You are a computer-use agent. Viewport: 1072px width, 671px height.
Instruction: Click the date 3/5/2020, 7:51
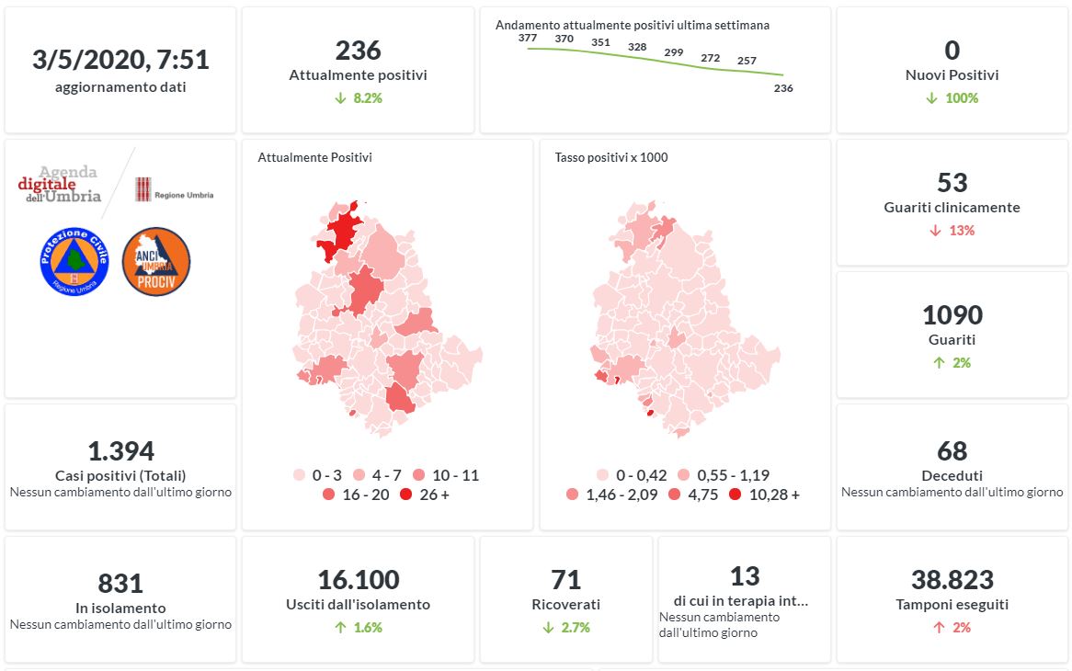click(x=120, y=61)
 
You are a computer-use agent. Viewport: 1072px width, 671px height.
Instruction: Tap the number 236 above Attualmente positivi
click(x=359, y=51)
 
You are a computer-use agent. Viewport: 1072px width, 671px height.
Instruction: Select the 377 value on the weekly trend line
click(x=528, y=38)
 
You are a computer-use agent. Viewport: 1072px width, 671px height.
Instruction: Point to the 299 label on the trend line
click(x=673, y=52)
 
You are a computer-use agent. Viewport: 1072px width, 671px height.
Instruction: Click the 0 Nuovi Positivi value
click(x=952, y=51)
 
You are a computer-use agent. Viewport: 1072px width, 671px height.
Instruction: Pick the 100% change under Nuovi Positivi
click(x=962, y=98)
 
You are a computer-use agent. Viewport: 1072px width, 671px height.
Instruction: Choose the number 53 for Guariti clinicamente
click(x=952, y=182)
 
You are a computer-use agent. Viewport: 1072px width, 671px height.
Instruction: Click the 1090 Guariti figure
click(x=952, y=315)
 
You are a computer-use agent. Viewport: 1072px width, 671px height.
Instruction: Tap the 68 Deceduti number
click(x=952, y=451)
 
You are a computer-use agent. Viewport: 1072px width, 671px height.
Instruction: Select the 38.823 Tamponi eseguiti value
click(x=952, y=580)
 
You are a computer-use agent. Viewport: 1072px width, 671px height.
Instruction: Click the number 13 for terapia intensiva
click(x=745, y=576)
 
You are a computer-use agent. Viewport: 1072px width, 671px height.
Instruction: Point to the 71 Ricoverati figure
click(x=566, y=580)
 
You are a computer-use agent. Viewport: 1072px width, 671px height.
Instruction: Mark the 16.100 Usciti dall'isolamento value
click(x=359, y=580)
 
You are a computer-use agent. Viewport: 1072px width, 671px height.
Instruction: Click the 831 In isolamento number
click(x=120, y=584)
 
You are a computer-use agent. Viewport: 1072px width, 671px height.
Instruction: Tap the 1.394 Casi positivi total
click(x=120, y=451)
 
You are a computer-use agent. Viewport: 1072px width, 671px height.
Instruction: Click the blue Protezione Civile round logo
click(x=74, y=261)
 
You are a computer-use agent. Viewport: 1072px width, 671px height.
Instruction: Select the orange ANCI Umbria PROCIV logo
click(x=156, y=261)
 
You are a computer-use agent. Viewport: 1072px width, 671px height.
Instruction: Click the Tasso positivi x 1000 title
click(x=611, y=157)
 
